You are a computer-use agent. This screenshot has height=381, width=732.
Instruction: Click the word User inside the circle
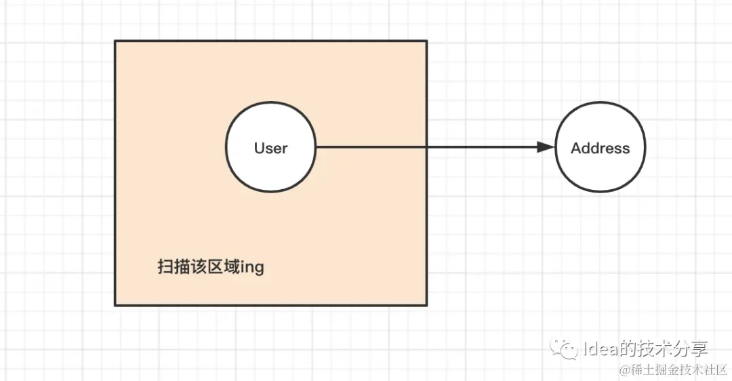270,148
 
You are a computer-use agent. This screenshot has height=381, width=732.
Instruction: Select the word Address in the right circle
600,148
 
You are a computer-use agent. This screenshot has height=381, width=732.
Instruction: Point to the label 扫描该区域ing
210,267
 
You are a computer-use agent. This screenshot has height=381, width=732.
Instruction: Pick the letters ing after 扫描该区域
251,268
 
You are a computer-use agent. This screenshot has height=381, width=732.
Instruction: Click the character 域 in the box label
231,267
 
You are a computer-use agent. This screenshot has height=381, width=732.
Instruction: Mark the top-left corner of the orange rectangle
115,41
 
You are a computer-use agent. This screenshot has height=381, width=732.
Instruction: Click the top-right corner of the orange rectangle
426,41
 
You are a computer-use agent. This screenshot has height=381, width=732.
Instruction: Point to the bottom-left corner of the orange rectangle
115,305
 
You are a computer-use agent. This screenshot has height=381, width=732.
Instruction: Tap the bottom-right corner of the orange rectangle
426,305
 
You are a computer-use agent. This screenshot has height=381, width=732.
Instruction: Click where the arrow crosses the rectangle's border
426,147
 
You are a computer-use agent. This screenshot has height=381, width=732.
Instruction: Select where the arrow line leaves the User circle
317,147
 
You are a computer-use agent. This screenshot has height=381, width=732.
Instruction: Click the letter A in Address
576,148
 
